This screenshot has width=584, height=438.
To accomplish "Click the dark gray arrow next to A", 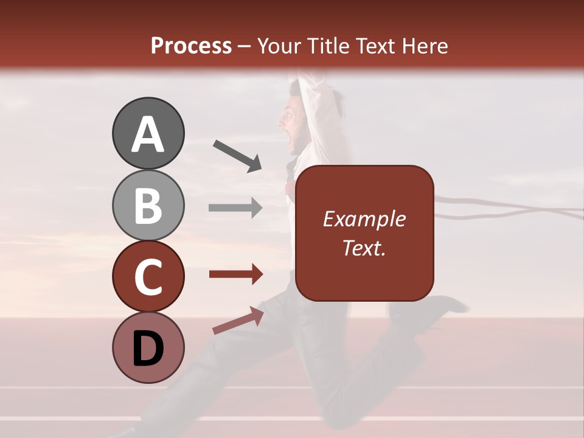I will (x=237, y=156).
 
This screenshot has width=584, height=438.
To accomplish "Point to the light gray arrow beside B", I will (x=235, y=207).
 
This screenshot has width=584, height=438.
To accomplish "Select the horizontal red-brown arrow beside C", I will (x=235, y=274).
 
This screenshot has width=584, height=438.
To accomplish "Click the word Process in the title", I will (x=191, y=46).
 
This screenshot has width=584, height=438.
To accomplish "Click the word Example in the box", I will (x=364, y=219).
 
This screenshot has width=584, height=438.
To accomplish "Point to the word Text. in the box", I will (x=364, y=248).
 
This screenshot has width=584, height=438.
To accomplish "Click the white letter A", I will (x=148, y=134).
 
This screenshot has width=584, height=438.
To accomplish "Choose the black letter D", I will (x=148, y=349).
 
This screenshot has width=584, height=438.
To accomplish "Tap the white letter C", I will (x=148, y=277).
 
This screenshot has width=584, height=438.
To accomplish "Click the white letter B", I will (x=148, y=206).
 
